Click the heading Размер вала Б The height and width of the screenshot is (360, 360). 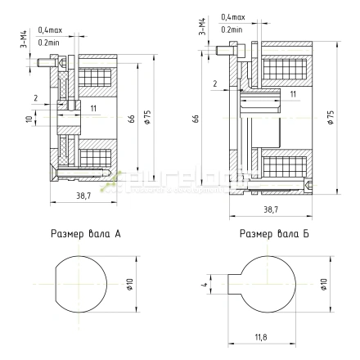(x=272, y=234)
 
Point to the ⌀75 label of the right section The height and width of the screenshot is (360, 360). (x=331, y=116)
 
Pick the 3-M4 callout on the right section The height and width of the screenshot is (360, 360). (x=201, y=29)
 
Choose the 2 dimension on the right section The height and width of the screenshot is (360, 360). (x=214, y=84)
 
